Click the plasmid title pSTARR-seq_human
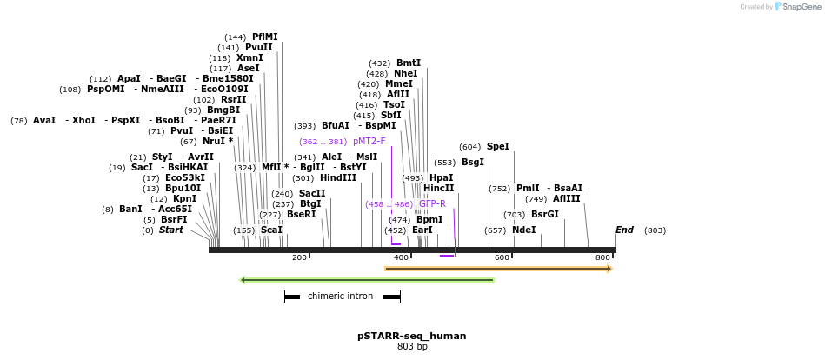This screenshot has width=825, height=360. click(x=411, y=336)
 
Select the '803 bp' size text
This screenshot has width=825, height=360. click(x=411, y=347)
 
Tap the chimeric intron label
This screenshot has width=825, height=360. click(x=340, y=297)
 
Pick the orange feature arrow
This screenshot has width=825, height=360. click(x=498, y=269)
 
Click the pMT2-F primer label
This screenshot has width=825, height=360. click(x=369, y=141)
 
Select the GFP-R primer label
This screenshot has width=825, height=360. click(x=432, y=204)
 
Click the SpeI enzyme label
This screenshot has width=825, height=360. click(x=497, y=147)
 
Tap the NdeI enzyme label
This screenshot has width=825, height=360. click(x=523, y=230)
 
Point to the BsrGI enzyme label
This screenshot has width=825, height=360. click(x=544, y=214)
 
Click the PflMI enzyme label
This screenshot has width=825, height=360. click(x=265, y=37)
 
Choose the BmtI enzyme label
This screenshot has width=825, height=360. click(x=408, y=63)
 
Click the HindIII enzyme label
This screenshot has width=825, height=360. click(x=338, y=178)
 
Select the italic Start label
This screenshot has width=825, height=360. click(x=170, y=230)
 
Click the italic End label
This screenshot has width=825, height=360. click(x=624, y=230)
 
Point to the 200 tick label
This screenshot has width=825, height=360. click(x=299, y=257)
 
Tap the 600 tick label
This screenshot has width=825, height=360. click(x=502, y=257)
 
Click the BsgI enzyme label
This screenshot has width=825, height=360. click(x=472, y=163)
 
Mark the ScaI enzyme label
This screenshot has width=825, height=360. click(x=271, y=230)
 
